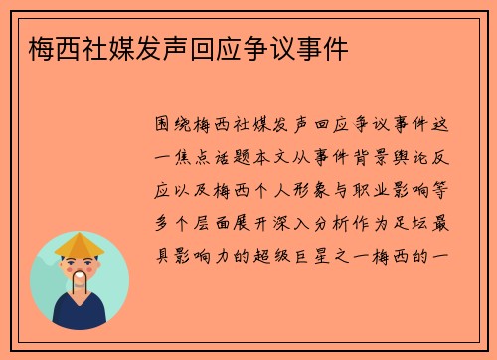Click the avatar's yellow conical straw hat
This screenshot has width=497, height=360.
(80, 243)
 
